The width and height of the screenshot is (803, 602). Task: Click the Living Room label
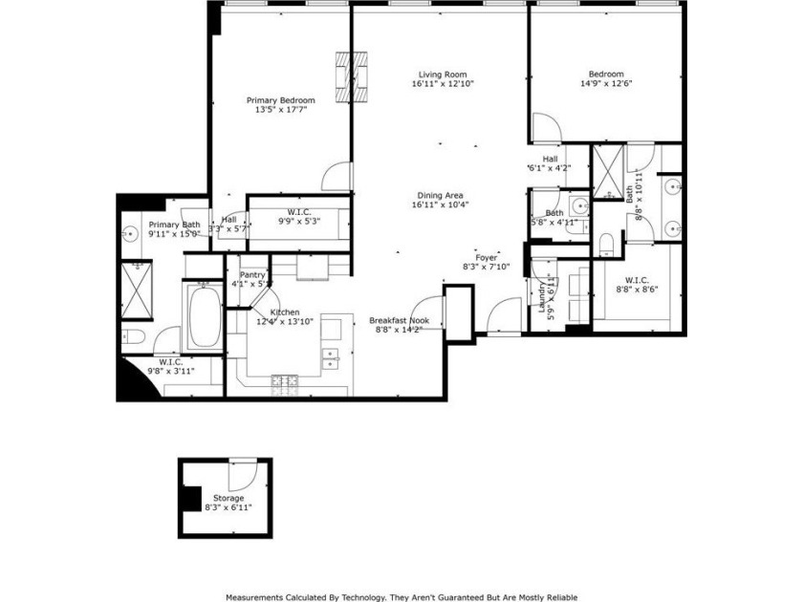click(442, 75)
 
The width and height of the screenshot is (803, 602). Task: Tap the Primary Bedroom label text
click(280, 100)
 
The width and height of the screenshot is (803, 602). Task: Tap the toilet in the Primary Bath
click(132, 336)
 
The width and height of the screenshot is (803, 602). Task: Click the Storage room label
click(228, 498)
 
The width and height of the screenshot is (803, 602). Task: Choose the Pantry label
click(252, 274)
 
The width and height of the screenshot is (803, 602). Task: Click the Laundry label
click(541, 294)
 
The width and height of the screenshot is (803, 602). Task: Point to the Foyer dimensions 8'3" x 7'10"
click(487, 267)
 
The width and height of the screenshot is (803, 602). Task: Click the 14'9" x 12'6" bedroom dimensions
click(606, 84)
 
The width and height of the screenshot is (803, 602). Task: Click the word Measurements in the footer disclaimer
click(258, 596)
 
